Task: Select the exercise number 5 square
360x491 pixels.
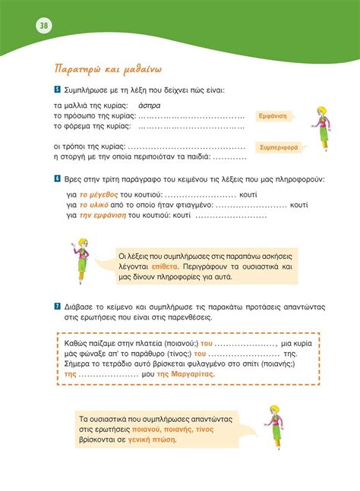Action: (57, 90)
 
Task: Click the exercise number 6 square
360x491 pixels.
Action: (57, 178)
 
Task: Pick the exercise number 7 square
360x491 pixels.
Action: (57, 307)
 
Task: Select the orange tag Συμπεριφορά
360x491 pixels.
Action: (278, 147)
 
